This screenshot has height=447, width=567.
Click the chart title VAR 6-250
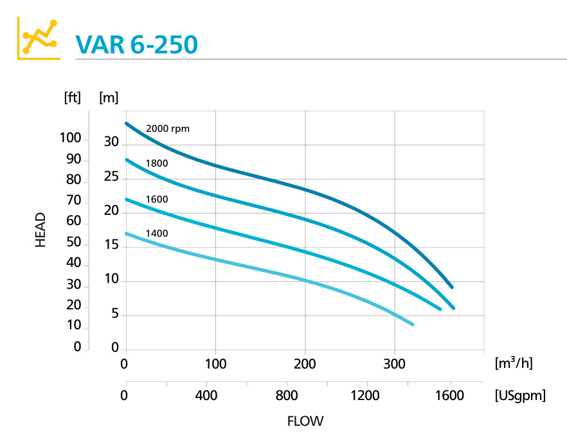[136, 44]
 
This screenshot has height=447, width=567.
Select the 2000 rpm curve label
[168, 128]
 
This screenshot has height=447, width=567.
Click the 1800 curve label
[157, 163]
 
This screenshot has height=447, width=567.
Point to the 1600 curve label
[157, 199]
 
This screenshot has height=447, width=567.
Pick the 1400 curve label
[157, 233]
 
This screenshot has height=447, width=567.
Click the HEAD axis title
[40, 230]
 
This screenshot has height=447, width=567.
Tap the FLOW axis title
[305, 422]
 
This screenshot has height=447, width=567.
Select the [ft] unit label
[72, 98]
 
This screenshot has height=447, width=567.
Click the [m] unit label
[109, 98]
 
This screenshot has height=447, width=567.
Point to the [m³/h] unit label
[514, 363]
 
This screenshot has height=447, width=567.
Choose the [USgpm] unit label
[520, 396]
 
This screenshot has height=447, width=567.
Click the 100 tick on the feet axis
[70, 138]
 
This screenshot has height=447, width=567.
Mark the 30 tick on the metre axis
[112, 143]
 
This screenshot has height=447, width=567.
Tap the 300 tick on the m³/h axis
[394, 364]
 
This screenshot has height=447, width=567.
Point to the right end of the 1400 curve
[412, 324]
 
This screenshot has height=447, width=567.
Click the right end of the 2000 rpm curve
[452, 287]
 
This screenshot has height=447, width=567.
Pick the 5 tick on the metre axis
[115, 315]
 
